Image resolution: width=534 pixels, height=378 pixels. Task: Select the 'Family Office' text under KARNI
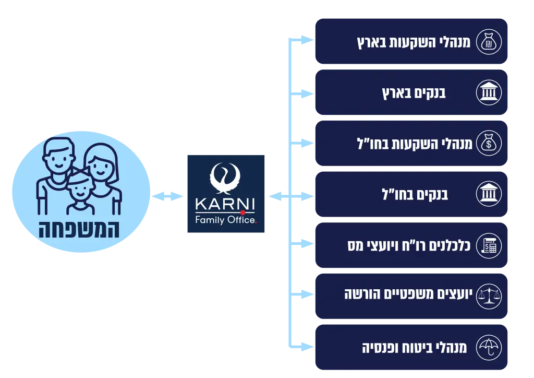(x=225, y=220)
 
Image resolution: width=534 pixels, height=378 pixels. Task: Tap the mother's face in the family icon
(x=100, y=163)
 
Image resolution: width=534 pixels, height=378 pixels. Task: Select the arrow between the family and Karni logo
(x=167, y=196)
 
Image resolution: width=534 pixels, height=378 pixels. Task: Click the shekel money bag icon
(x=489, y=42)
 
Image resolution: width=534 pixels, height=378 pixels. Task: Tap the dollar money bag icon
(x=489, y=143)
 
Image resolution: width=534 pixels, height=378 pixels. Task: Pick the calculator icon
(x=489, y=245)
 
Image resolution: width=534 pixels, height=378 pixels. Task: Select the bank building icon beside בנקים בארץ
(x=489, y=93)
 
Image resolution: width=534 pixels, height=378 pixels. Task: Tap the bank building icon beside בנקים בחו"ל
(x=489, y=194)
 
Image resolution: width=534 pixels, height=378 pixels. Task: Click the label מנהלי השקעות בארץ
(x=413, y=42)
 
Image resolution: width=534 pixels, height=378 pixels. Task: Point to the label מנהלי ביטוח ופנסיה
(x=415, y=347)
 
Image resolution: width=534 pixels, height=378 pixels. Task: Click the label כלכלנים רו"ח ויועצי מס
(x=408, y=245)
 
